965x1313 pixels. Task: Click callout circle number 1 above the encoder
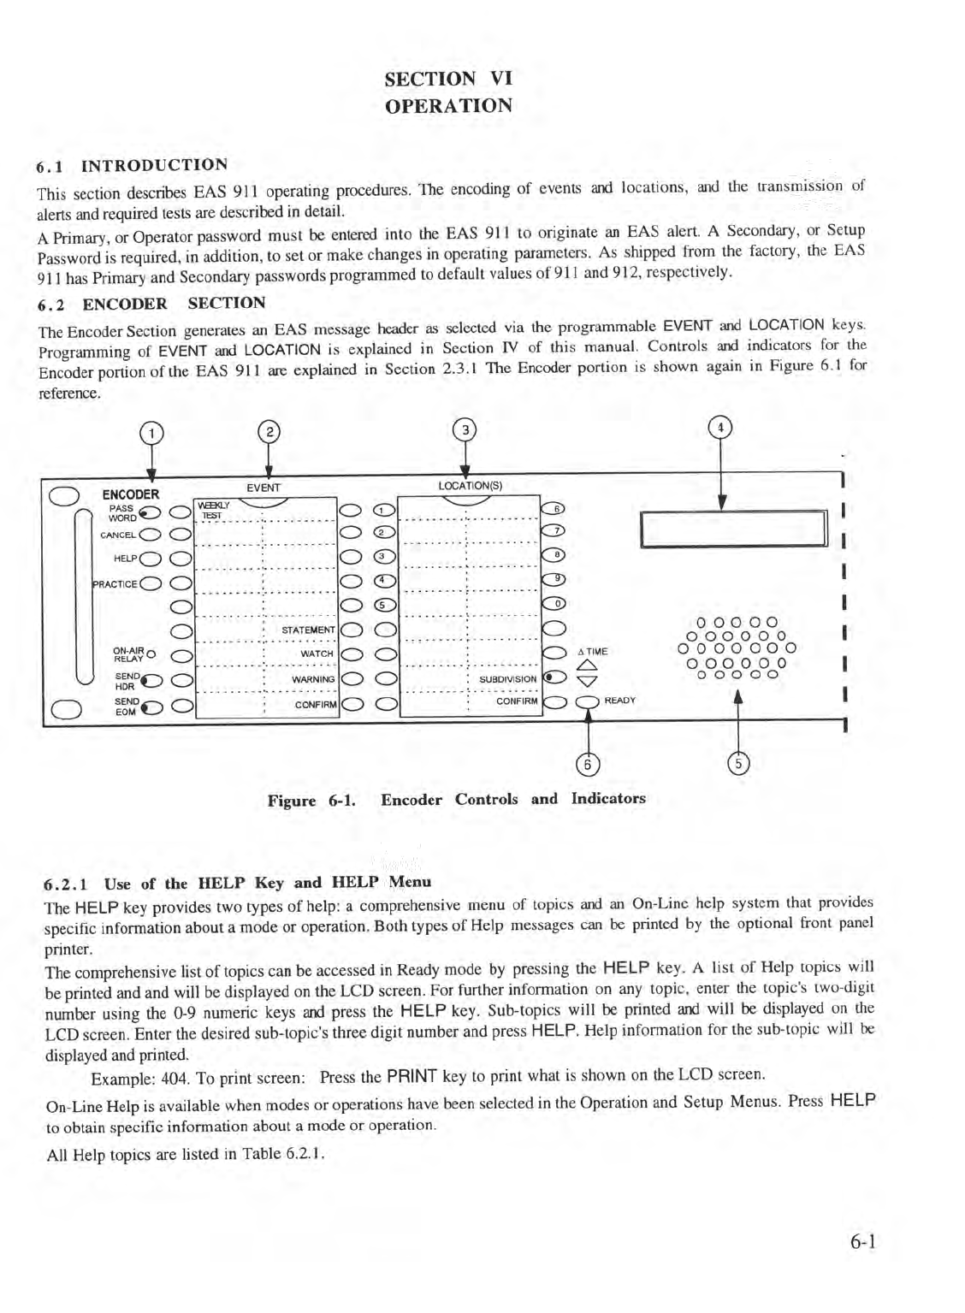click(x=151, y=434)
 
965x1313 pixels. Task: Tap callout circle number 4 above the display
click(x=721, y=426)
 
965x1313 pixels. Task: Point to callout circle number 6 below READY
click(x=587, y=764)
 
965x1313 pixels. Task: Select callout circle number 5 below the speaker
click(x=737, y=764)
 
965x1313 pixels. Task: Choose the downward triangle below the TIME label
click(x=586, y=682)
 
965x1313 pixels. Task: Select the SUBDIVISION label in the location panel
click(x=507, y=679)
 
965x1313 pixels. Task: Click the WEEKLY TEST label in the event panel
click(x=210, y=510)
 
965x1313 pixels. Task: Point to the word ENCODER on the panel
click(x=130, y=494)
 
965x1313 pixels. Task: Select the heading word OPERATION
click(x=448, y=106)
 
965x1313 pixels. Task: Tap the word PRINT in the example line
click(x=411, y=1075)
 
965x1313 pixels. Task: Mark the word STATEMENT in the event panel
click(x=308, y=630)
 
